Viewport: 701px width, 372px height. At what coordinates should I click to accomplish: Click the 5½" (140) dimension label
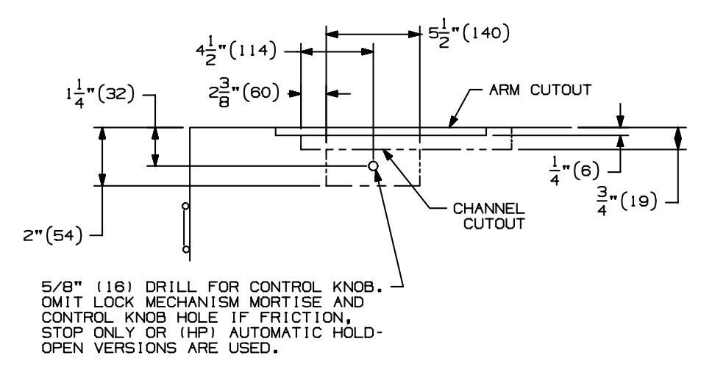(x=469, y=35)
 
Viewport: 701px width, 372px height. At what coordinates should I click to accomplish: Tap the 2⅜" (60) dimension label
(x=243, y=94)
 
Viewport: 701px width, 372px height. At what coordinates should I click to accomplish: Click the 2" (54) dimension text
(x=53, y=235)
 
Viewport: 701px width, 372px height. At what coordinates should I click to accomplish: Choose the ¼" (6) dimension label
(x=574, y=172)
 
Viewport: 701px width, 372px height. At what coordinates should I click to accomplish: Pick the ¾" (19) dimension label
(x=627, y=201)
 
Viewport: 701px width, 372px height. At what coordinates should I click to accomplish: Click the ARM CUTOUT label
(x=540, y=90)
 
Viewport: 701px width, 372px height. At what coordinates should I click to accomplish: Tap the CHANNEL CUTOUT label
(x=489, y=216)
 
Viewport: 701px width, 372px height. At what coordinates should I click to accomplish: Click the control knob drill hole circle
(x=373, y=166)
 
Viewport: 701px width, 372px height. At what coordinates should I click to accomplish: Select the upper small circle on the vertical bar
(x=185, y=207)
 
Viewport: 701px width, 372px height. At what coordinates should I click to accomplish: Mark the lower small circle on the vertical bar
(x=185, y=249)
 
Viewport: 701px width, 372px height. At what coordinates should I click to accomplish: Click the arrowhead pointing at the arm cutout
(x=453, y=121)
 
